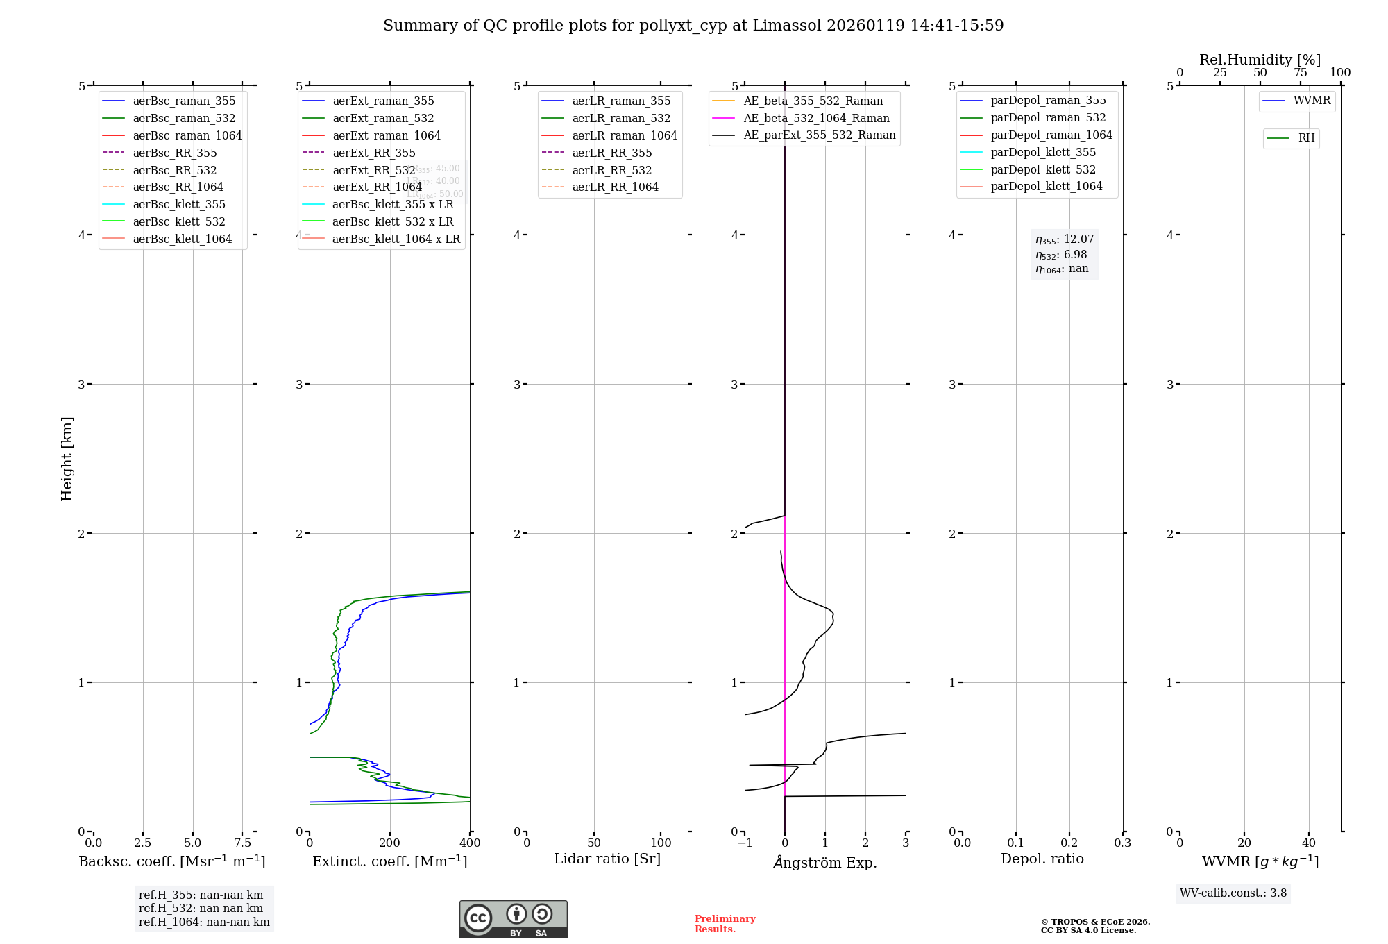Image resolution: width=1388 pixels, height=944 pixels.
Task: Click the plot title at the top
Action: coord(693,26)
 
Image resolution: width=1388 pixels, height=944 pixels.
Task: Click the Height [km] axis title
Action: coord(67,458)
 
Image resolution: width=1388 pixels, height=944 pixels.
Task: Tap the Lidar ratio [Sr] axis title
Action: coord(607,859)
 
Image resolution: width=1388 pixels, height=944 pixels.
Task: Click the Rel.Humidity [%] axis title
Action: coord(1260,60)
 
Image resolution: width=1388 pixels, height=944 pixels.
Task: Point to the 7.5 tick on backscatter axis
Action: coord(242,843)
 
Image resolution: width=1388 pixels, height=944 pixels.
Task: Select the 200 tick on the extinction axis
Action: coord(390,843)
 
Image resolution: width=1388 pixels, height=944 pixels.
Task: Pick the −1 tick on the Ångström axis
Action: coord(745,843)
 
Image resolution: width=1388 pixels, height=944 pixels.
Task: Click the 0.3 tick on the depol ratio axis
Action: coord(1122,843)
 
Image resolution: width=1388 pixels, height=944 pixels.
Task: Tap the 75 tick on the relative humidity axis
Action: coord(1301,73)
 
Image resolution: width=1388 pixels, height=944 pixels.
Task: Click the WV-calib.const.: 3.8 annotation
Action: coord(1233,893)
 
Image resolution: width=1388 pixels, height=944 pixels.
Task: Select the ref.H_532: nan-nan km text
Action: coord(201,908)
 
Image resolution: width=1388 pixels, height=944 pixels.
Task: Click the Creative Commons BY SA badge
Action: coord(513,919)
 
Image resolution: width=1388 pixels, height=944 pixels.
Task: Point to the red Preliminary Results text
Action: coord(725,923)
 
